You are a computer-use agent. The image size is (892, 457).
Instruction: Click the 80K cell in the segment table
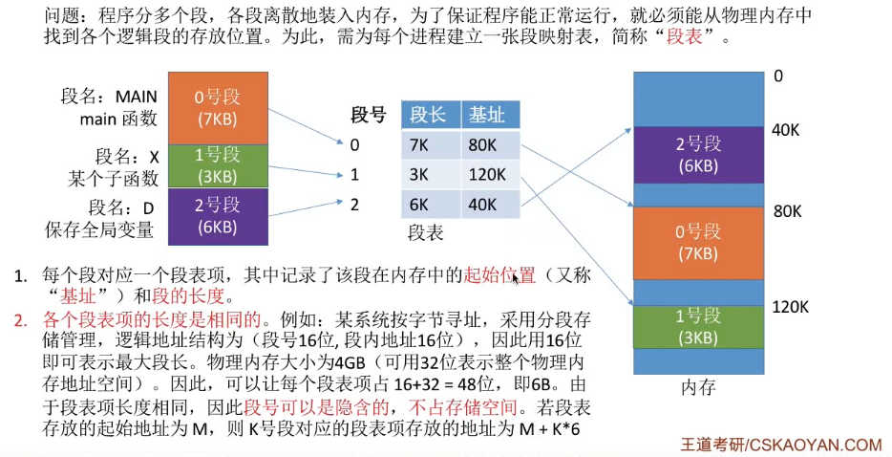(486, 145)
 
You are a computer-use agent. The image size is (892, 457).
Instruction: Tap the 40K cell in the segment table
(486, 204)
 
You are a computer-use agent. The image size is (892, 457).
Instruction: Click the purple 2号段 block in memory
(699, 154)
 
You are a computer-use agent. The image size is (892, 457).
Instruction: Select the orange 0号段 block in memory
(699, 243)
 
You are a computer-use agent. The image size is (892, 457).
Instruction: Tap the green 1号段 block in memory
(699, 325)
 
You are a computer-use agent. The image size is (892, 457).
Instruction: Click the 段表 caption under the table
(425, 232)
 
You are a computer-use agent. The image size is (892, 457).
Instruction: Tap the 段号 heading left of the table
(369, 116)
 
